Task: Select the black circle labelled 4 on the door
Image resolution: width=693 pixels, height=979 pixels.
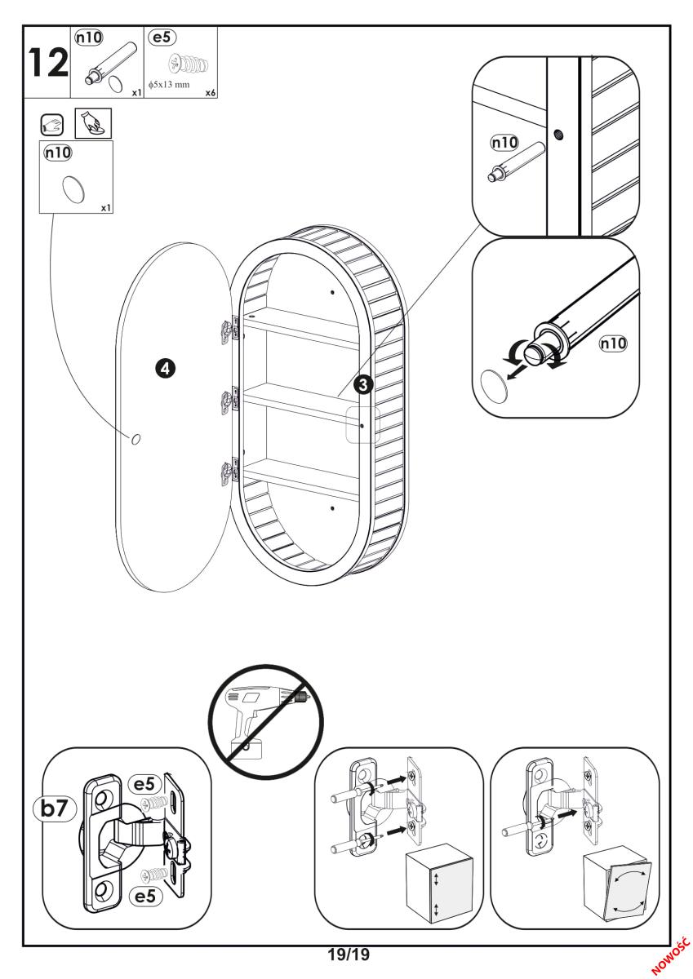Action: (x=164, y=369)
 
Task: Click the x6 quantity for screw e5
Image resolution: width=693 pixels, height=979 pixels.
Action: (x=210, y=94)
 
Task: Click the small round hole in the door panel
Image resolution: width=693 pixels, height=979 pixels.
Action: (x=135, y=440)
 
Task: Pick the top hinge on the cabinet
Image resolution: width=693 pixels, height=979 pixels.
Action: (x=229, y=327)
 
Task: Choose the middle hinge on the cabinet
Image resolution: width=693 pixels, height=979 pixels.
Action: (x=229, y=401)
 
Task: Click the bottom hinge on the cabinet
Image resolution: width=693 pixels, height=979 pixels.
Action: (x=229, y=474)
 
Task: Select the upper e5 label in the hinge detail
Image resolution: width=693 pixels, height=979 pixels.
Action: (x=144, y=784)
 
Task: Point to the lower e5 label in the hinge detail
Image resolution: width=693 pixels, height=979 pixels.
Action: (x=144, y=897)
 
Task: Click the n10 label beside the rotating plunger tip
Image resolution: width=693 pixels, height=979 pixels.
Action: (x=613, y=343)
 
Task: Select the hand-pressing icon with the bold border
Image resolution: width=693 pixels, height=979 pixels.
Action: (x=93, y=122)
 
